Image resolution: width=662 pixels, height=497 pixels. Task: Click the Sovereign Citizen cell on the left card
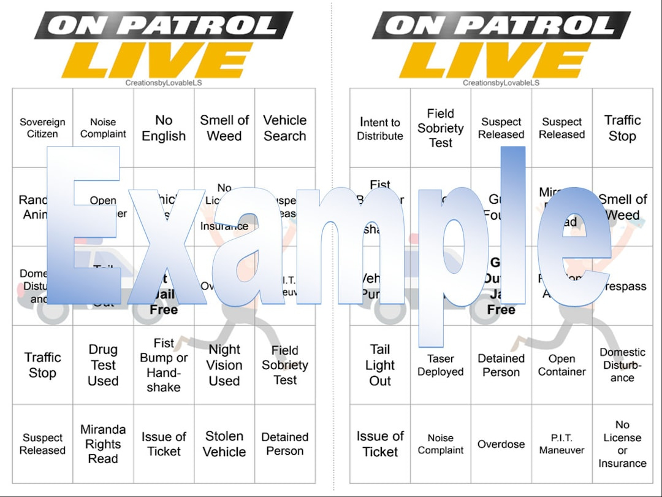[42, 128]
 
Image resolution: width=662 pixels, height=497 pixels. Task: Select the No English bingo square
[164, 128]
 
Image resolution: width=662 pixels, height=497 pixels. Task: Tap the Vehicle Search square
[285, 128]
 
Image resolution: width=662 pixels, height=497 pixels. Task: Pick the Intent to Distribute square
[380, 129]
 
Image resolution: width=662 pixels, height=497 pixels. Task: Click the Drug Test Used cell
[103, 365]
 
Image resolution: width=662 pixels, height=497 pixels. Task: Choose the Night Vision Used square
[224, 365]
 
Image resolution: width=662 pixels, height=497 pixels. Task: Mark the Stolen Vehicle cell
[224, 444]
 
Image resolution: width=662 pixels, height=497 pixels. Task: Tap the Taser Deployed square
[440, 365]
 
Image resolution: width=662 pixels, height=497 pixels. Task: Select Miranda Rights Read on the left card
[103, 444]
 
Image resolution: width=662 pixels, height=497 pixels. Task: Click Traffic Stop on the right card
[622, 128]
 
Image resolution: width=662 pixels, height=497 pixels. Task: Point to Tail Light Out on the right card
[380, 365]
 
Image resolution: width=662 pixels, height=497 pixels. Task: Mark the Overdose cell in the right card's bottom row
[501, 444]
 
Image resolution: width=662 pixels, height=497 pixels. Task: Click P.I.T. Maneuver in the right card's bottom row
[561, 444]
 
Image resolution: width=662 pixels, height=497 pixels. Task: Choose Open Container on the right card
[561, 365]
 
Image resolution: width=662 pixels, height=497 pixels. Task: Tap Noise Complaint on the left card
[103, 128]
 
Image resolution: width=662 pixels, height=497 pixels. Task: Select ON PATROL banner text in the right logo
[500, 25]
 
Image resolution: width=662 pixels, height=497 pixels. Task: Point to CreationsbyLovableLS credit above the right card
[501, 83]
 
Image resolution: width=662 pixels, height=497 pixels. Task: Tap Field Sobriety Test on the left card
[285, 365]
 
